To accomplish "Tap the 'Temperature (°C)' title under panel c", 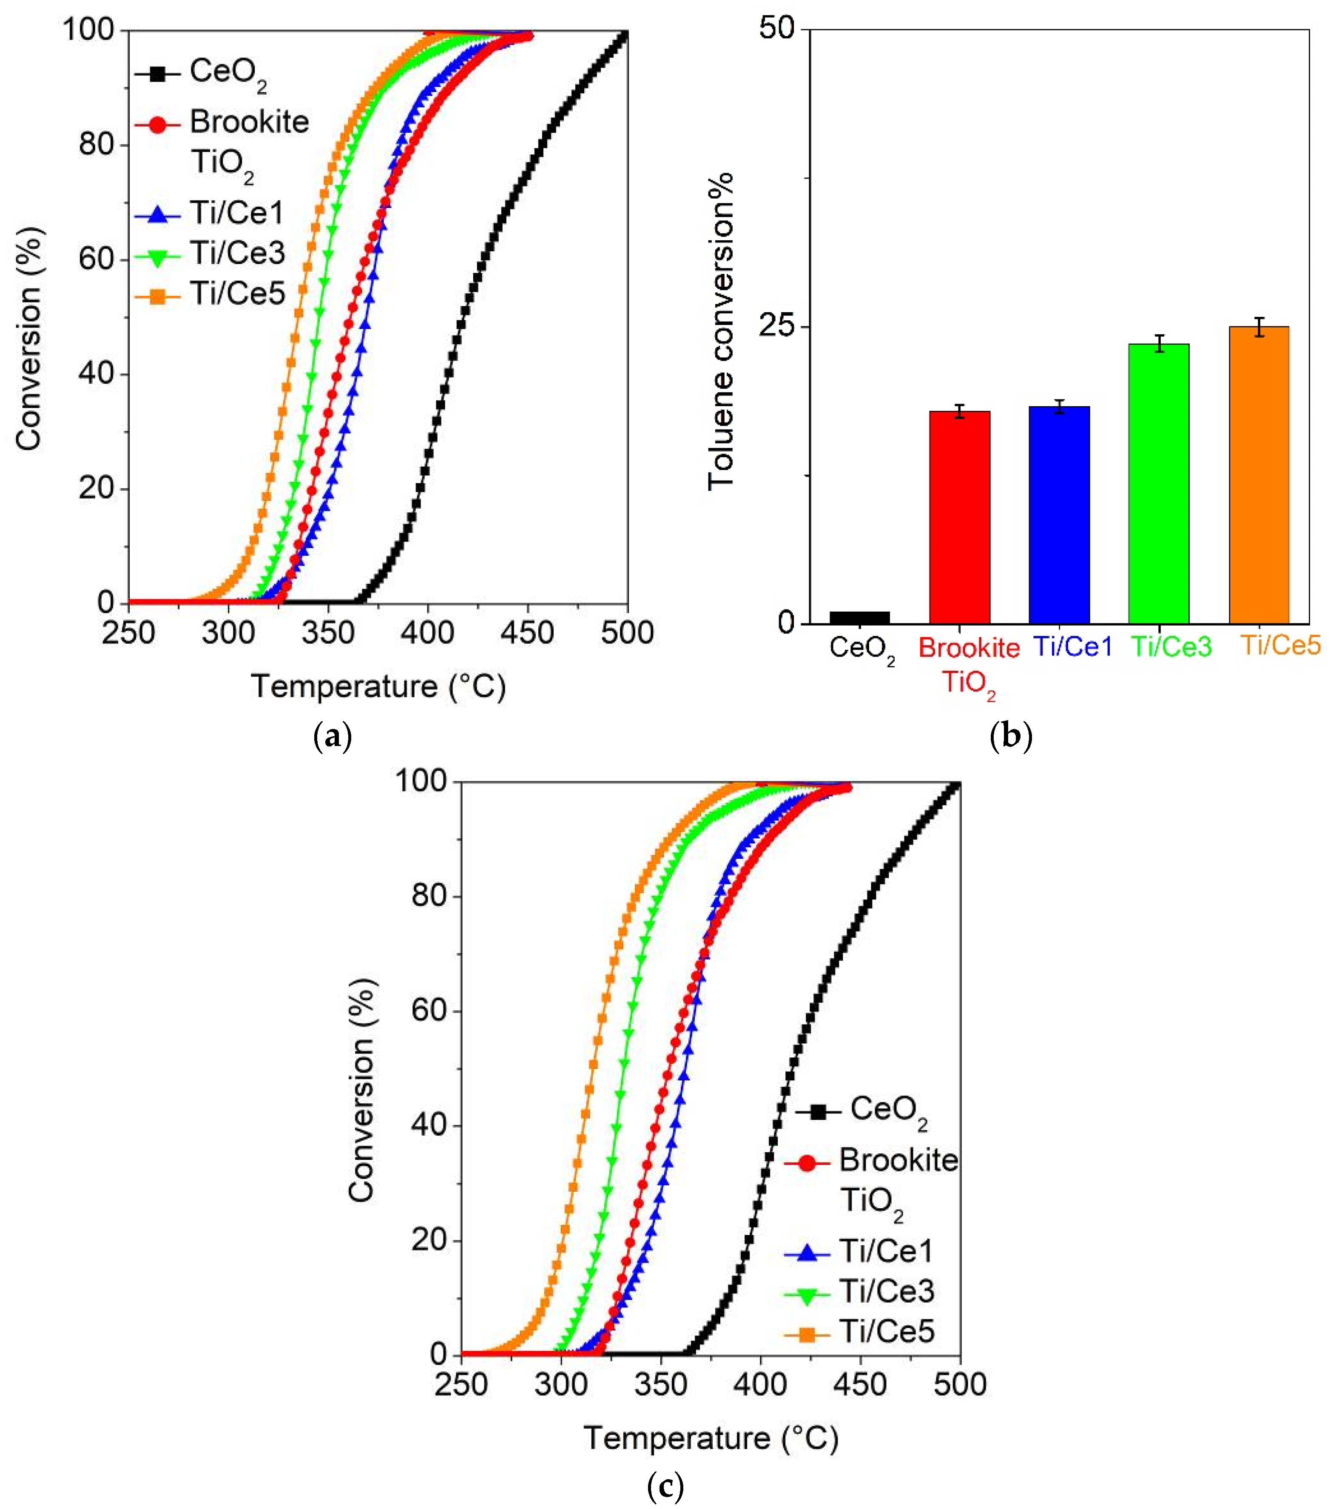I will (x=711, y=1438).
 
